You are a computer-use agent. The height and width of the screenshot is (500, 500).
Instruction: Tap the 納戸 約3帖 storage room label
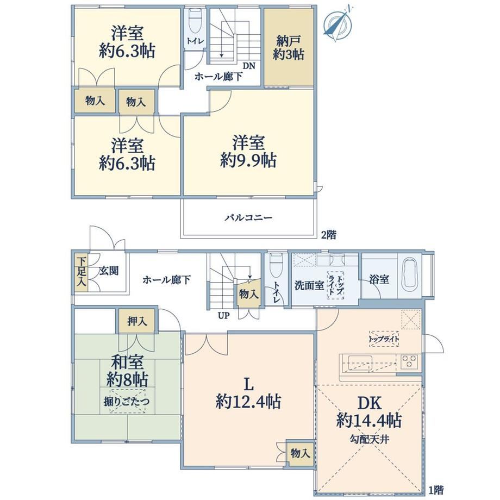tap(288, 47)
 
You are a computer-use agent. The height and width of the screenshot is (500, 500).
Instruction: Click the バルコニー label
tap(249, 218)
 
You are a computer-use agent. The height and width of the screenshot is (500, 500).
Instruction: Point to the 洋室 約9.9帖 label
tap(248, 151)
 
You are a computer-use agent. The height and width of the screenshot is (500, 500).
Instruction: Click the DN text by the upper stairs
tap(249, 66)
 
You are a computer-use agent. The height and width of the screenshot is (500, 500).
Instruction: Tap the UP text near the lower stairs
tap(223, 316)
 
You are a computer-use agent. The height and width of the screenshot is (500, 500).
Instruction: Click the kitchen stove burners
tap(409, 361)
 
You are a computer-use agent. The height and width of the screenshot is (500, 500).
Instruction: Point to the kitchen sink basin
tap(360, 362)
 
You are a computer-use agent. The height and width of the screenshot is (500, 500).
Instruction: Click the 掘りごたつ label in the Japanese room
tap(127, 402)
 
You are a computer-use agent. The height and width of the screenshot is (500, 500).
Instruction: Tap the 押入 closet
tap(137, 321)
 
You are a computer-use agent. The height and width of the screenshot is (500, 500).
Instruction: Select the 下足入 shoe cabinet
tap(82, 272)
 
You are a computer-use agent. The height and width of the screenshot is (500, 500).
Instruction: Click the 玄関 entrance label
tap(109, 271)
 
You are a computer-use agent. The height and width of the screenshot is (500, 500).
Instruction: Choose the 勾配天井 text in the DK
tap(369, 440)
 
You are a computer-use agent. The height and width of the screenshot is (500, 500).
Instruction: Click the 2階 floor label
tap(328, 235)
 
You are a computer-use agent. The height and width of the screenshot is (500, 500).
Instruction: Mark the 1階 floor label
tap(435, 490)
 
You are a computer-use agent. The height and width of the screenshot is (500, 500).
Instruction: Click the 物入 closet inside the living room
tap(300, 453)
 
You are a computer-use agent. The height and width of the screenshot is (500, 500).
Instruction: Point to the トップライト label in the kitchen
tap(384, 339)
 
